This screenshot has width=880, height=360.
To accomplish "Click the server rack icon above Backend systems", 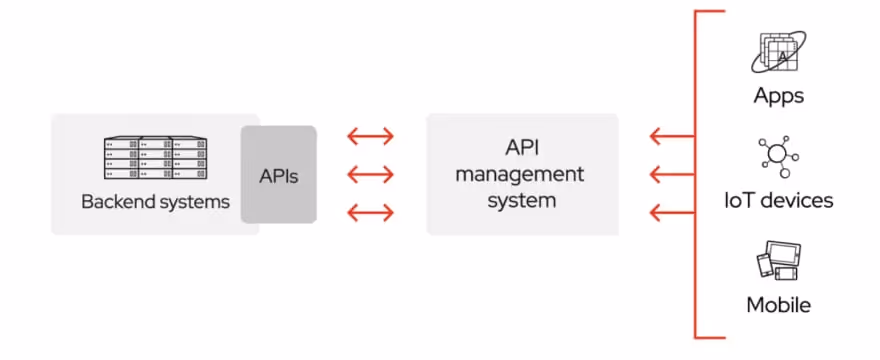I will click(155, 157).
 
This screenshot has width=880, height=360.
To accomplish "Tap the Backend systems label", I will click(155, 202).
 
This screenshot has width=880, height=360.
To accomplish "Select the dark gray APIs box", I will click(279, 175).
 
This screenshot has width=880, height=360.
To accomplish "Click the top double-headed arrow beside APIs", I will click(370, 137).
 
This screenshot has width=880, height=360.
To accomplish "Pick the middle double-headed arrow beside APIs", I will click(370, 175).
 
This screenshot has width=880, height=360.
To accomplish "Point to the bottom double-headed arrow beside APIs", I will click(370, 213).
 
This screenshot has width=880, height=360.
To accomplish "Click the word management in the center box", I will click(520, 175).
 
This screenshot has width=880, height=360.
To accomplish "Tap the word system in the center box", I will click(520, 201).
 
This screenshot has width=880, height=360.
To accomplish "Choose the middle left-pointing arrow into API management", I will click(670, 175).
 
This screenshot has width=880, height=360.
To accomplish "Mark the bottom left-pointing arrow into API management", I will click(670, 213).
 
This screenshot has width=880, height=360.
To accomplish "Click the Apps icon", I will click(778, 53).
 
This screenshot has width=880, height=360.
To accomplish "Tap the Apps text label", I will click(778, 97).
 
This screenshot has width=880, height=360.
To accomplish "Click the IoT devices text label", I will click(778, 201).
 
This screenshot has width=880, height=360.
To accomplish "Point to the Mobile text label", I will click(778, 305).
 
